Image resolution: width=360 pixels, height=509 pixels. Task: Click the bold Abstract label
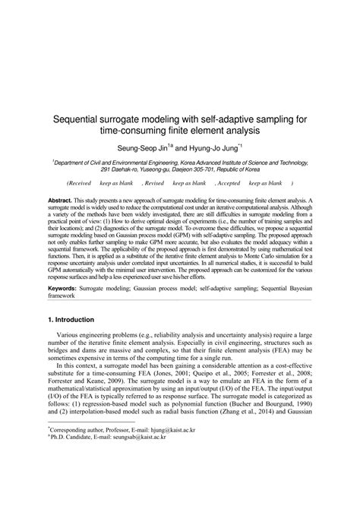pos(61,196)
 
